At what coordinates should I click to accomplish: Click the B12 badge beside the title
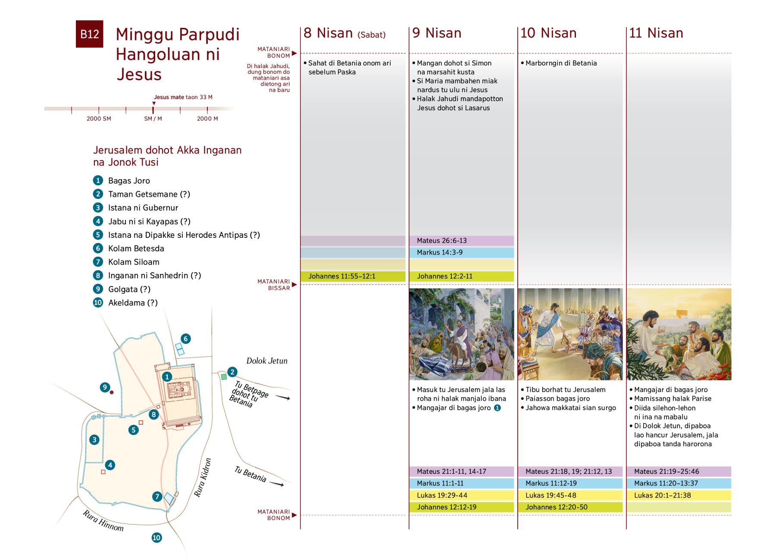pos(89,34)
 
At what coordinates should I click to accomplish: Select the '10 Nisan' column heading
pos(548,33)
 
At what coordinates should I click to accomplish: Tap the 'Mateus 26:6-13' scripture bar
pos(461,241)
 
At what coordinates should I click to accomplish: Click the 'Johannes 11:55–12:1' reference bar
pos(353,277)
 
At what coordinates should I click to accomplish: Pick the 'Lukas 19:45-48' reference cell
pos(570,495)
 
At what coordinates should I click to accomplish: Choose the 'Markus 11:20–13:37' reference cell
pos(679,483)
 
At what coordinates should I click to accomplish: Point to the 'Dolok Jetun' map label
pos(266,361)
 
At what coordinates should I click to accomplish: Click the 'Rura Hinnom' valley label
pos(103,521)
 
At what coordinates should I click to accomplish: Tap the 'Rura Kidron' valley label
pos(203,477)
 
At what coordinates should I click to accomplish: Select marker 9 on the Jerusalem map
pos(105,387)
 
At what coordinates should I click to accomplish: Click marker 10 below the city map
pos(156,538)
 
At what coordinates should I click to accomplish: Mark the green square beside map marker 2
pos(223,377)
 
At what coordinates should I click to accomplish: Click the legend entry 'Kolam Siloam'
pos(134,262)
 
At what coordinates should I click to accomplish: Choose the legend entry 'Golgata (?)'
pos(129,289)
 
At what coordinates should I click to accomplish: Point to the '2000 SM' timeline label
pos(99,118)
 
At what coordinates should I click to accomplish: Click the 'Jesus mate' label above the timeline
pos(169,97)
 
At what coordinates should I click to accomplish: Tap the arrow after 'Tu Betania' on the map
pos(277,484)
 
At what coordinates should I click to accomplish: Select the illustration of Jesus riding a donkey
pos(461,334)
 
